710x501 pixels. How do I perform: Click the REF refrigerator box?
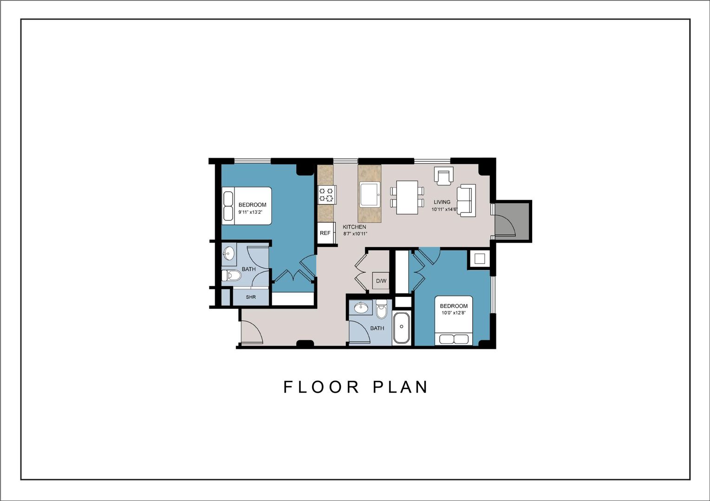click(x=326, y=233)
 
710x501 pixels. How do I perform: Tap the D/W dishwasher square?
click(x=381, y=281)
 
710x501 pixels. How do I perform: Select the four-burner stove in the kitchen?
click(x=326, y=194)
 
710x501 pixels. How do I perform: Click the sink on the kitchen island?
click(x=370, y=194)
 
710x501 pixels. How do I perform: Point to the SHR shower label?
click(x=251, y=297)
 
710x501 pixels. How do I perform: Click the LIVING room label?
click(x=442, y=202)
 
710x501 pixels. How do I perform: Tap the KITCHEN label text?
click(x=354, y=227)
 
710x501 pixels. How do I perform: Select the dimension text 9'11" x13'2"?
click(x=251, y=212)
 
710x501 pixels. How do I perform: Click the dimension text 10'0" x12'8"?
click(x=453, y=313)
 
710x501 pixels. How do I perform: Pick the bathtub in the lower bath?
click(x=401, y=328)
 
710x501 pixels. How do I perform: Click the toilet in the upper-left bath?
click(x=232, y=276)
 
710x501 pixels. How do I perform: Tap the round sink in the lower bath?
click(x=360, y=307)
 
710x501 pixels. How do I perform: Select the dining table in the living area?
click(x=407, y=197)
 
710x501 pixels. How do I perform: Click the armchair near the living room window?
click(x=443, y=176)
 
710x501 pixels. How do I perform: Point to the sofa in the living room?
click(x=466, y=200)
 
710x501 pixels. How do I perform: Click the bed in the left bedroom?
click(x=246, y=206)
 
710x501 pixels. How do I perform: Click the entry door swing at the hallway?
click(x=251, y=334)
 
